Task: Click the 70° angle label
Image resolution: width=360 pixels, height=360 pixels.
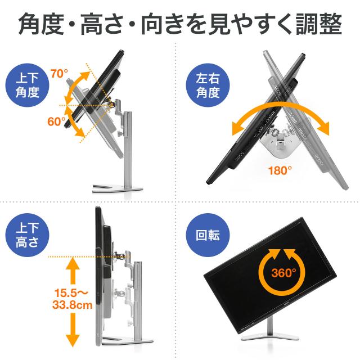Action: [x=60, y=74]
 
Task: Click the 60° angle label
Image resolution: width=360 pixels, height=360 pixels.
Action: [x=56, y=121]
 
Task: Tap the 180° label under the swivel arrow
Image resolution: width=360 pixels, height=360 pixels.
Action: [x=280, y=170]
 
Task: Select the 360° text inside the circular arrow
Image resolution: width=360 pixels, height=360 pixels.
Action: [x=283, y=273]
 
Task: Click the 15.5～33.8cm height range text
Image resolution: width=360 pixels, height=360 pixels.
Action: [x=72, y=299]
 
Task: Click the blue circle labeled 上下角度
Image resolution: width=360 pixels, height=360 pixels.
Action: [x=28, y=85]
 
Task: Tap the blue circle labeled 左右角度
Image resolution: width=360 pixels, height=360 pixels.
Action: [x=208, y=85]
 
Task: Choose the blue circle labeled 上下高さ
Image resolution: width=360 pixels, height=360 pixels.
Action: [x=28, y=235]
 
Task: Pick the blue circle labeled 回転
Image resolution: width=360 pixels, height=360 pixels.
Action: [x=208, y=235]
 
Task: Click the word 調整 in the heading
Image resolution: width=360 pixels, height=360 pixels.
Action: [x=319, y=24]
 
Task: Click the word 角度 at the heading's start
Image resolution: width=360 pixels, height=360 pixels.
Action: [x=41, y=24]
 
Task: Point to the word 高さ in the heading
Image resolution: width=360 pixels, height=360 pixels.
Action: [x=102, y=24]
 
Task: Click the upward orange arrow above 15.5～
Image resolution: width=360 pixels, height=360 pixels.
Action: [x=73, y=271]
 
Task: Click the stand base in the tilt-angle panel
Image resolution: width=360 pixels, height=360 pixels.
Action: [x=118, y=188]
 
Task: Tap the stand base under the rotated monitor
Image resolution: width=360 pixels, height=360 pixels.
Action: [x=270, y=336]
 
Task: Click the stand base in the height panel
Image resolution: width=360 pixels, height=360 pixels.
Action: [x=128, y=341]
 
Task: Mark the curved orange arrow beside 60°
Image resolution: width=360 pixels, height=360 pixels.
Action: [x=74, y=122]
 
